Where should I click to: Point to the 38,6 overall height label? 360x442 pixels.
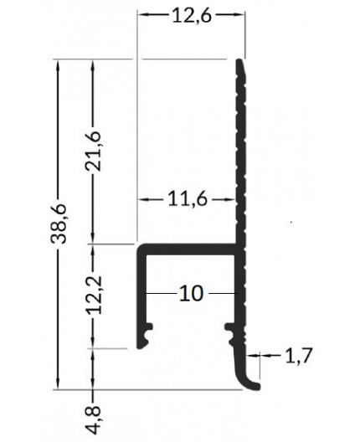[x=58, y=223]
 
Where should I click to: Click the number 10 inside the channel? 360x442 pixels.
[x=191, y=294]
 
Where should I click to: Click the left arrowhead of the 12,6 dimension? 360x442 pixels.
[x=143, y=15]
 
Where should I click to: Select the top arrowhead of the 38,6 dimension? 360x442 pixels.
[x=58, y=65]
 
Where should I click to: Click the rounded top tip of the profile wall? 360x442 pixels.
[x=241, y=63]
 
